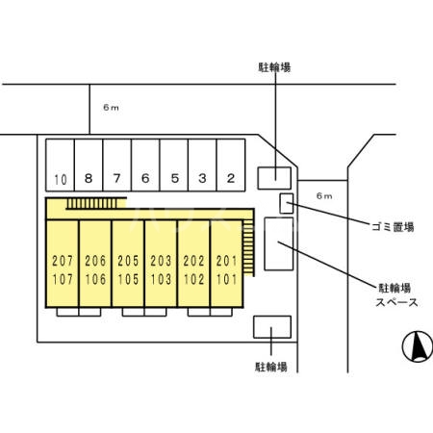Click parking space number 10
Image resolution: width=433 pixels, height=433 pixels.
click(61, 178)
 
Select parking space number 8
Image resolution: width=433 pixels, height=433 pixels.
click(89, 178)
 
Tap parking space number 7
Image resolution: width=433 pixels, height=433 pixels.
click(116, 178)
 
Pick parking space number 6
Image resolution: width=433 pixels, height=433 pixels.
click(145, 178)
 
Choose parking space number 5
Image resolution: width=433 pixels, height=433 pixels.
click(174, 178)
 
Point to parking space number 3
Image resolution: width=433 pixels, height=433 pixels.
click(202, 178)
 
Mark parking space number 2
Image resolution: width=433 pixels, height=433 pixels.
click(231, 178)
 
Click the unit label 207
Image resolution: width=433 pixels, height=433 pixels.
click(62, 262)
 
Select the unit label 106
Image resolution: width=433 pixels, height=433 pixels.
click(94, 280)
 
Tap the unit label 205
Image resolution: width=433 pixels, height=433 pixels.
click(127, 262)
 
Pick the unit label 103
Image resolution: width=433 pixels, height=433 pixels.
click(160, 280)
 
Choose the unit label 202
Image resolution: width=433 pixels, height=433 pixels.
click(193, 262)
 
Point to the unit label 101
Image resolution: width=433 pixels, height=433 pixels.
click(226, 280)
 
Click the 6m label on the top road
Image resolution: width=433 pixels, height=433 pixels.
click(109, 105)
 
